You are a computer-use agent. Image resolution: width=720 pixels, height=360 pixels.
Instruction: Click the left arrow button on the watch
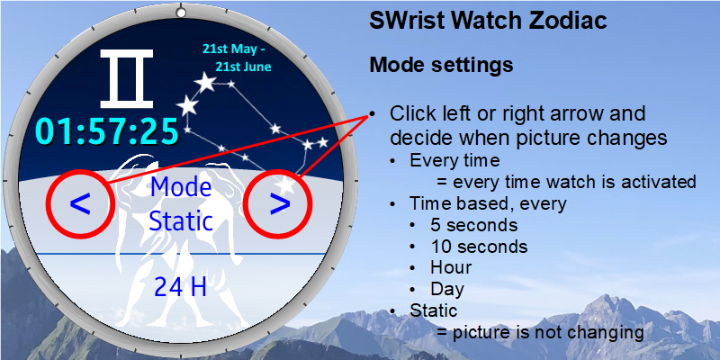(80, 205)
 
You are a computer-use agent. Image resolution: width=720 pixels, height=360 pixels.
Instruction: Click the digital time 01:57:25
(107, 131)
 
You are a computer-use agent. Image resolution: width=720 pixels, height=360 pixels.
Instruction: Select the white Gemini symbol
(127, 78)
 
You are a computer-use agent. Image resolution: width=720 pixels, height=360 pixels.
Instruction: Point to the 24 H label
(180, 287)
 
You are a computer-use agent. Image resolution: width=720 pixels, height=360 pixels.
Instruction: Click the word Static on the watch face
(181, 221)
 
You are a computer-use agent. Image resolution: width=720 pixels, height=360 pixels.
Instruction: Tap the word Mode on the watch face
(181, 187)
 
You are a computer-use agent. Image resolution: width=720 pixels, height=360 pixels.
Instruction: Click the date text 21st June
(243, 67)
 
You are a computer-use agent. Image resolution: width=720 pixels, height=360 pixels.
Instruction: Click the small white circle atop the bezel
(182, 13)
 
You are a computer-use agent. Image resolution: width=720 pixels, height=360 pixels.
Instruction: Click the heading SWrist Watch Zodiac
(488, 21)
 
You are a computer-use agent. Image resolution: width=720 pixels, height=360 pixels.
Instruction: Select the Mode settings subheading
(441, 65)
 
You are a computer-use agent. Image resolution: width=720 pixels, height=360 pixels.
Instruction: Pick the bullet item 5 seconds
(474, 225)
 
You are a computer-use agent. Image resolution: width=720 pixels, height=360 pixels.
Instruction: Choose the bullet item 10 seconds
(479, 247)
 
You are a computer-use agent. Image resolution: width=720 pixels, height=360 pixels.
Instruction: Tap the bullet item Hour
(451, 267)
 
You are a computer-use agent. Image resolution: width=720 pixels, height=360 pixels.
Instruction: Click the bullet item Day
(447, 289)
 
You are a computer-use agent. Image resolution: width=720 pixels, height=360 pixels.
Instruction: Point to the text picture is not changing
(548, 332)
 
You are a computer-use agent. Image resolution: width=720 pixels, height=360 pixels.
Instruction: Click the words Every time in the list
(454, 161)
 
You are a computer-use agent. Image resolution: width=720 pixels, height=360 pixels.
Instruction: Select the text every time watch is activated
(574, 183)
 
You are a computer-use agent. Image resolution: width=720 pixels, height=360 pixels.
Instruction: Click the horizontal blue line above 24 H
(181, 254)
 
